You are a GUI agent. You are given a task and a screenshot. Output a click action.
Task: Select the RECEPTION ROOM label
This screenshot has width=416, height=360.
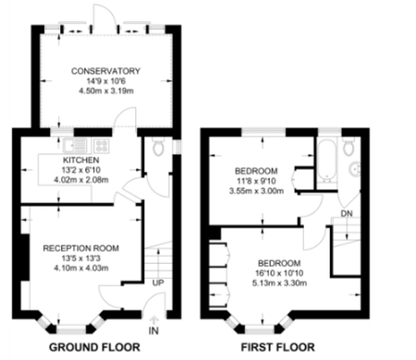click(x=83, y=247)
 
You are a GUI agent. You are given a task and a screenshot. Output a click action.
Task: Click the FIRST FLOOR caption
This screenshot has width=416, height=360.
click(x=282, y=348)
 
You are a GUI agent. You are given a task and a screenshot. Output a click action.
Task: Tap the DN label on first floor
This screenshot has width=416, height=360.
click(x=347, y=213)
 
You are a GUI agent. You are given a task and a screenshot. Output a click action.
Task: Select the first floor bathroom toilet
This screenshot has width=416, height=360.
click(x=350, y=149)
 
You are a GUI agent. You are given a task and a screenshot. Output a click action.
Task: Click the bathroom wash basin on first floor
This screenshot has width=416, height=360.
click(x=358, y=169)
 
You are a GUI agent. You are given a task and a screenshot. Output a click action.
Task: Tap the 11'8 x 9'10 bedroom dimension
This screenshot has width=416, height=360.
click(x=258, y=183)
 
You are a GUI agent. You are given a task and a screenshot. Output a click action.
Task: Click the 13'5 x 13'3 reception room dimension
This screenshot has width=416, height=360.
click(x=83, y=258)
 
